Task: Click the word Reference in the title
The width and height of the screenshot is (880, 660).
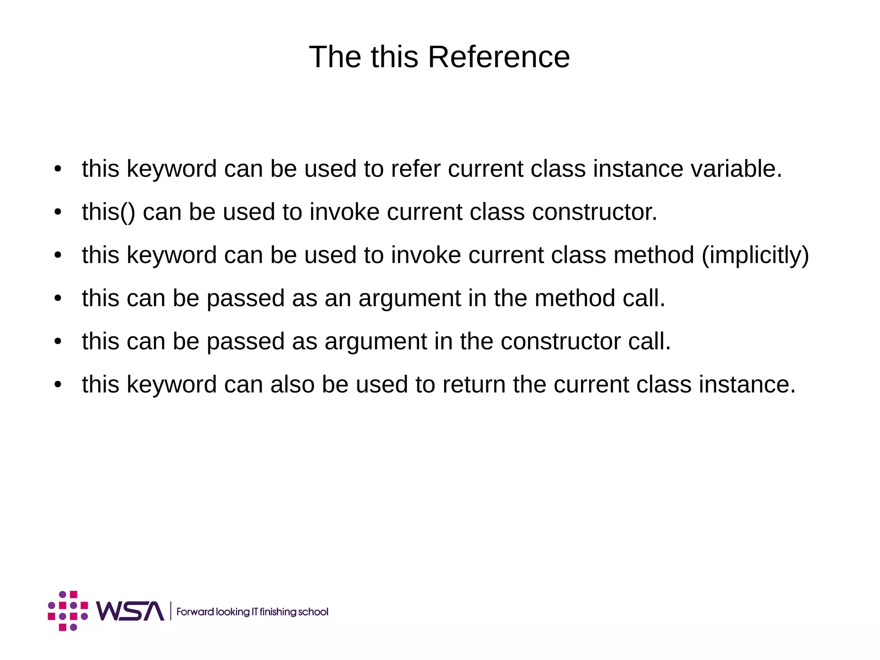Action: coord(498,57)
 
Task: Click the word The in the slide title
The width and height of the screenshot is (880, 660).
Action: coord(336,57)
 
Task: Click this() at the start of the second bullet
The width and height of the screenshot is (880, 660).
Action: coord(108,212)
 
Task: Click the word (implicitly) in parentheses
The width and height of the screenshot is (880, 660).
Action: coord(755,255)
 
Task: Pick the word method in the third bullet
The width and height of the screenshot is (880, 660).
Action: coord(654,255)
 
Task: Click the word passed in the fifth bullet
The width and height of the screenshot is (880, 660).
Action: coord(245,341)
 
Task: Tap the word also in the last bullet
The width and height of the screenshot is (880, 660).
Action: coord(292,384)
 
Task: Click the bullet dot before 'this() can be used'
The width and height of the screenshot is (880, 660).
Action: coord(58,212)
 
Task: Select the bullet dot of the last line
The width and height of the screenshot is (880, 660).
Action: coord(58,385)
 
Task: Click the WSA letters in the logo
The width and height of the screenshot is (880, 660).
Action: coord(130,611)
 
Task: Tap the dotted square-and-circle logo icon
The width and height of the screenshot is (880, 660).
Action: coord(68,611)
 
